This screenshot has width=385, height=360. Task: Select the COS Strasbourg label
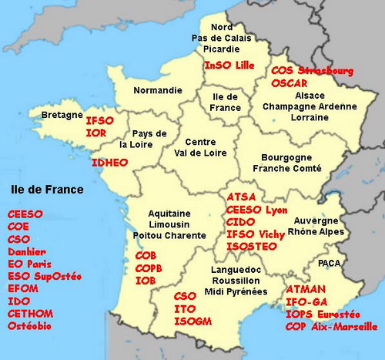click(x=313, y=71)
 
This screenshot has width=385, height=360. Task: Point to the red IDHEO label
click(x=109, y=163)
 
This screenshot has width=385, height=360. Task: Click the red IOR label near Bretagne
click(x=96, y=133)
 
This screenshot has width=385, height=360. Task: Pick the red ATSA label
click(x=241, y=197)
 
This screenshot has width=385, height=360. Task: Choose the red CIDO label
click(x=241, y=222)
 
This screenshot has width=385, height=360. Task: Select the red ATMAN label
click(x=306, y=290)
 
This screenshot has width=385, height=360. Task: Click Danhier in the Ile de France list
click(x=27, y=251)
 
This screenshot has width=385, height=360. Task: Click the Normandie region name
click(x=158, y=90)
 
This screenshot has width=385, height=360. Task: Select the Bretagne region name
click(x=62, y=115)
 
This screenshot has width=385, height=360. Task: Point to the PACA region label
click(x=329, y=263)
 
